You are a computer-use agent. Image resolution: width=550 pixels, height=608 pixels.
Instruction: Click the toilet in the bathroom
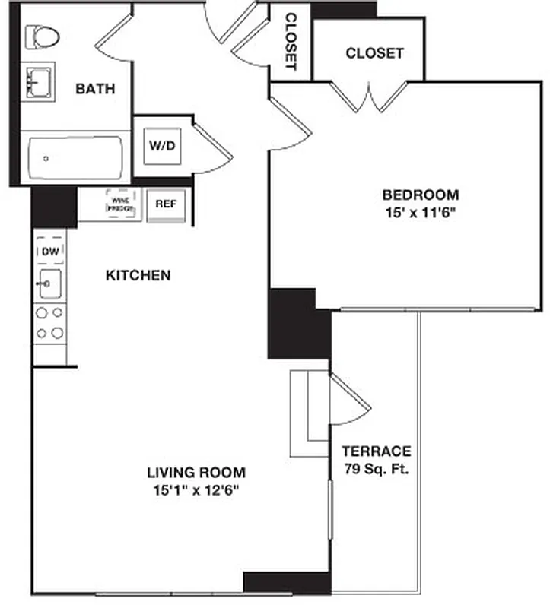tap(43, 36)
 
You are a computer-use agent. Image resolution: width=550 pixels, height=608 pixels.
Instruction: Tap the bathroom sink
tap(39, 81)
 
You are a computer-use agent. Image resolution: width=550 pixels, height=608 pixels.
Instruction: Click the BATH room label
tap(95, 89)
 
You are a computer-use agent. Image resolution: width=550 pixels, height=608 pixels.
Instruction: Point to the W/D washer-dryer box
tap(163, 145)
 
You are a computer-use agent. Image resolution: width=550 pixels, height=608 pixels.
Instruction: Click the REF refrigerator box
tap(166, 204)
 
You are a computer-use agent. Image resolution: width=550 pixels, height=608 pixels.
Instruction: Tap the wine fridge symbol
tap(122, 204)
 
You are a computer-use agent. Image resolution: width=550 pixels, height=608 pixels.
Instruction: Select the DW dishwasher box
tap(49, 251)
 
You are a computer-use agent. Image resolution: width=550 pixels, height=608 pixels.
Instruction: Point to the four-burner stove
tap(49, 322)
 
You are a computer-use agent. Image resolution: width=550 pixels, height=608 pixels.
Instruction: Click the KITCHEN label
tap(138, 275)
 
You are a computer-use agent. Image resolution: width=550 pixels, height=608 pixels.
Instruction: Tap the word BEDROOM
tap(421, 195)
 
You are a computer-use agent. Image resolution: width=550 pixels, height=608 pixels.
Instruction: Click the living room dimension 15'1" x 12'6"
tap(196, 490)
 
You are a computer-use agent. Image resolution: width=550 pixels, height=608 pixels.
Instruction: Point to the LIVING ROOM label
tap(196, 472)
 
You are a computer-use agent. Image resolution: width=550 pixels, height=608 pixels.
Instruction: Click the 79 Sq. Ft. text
tap(376, 469)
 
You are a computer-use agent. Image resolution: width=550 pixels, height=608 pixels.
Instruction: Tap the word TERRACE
tap(376, 451)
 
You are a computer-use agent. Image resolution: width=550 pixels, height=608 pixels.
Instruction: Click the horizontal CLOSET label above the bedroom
tap(374, 53)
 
